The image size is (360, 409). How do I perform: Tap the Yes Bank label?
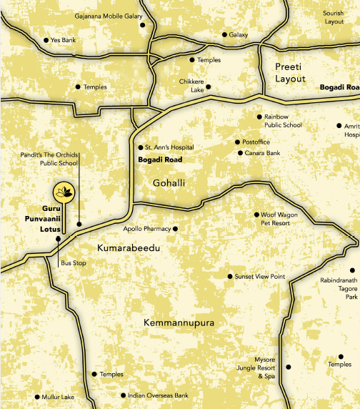[63, 41]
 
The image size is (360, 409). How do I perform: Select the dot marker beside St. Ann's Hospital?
[140, 148]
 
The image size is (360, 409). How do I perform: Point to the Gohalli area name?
[169, 184]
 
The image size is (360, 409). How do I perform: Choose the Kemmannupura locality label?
[178, 323]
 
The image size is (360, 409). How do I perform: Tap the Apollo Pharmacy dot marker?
[175, 229]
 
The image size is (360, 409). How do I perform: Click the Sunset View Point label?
[259, 276]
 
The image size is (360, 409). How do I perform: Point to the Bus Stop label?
[73, 263]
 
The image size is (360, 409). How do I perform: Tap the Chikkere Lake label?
[191, 87]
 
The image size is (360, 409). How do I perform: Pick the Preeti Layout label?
[291, 72]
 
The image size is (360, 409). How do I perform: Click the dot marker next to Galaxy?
[224, 34]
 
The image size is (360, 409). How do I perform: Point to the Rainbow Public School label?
[283, 120]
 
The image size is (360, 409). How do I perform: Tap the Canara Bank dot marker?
[239, 153]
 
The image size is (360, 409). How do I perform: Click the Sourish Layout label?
[334, 17]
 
